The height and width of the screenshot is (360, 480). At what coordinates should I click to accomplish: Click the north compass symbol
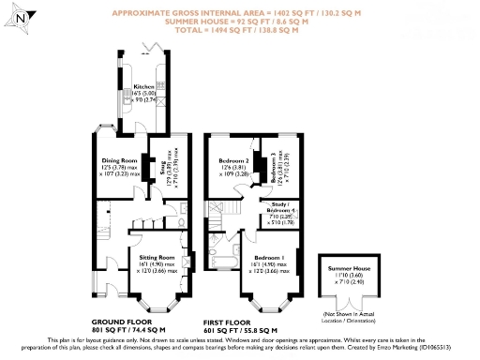(x=22, y=16)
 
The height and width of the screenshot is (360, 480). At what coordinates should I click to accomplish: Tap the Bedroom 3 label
(x=273, y=166)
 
